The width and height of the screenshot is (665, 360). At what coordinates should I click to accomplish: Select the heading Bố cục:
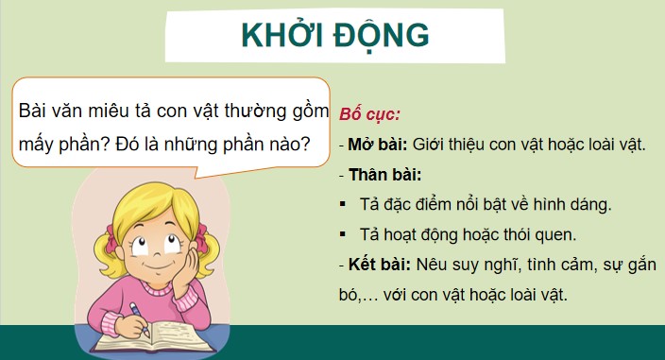click(369, 114)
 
